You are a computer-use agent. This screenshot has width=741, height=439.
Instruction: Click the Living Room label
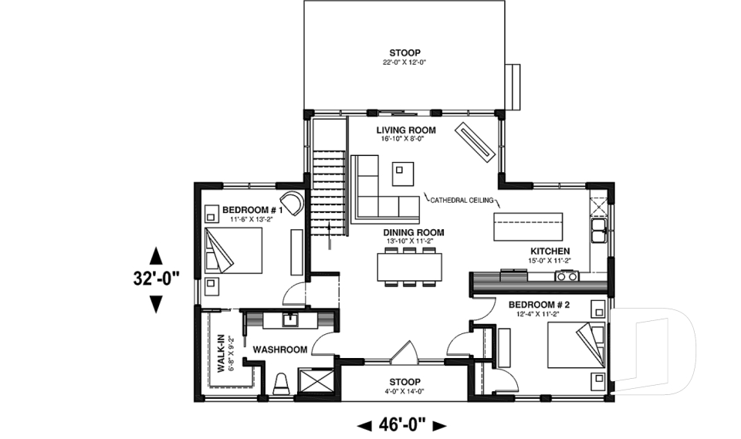coord(406,130)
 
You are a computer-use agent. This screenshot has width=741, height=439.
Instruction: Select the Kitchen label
coord(550,252)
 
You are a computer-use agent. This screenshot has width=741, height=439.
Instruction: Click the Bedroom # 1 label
coord(252,210)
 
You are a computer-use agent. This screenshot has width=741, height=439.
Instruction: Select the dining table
coord(411,267)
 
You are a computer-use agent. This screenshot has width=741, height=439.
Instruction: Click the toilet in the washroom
coord(282,383)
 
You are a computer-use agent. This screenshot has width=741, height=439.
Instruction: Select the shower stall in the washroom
coord(316,383)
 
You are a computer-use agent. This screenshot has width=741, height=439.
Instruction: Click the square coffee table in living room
coord(403,174)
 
